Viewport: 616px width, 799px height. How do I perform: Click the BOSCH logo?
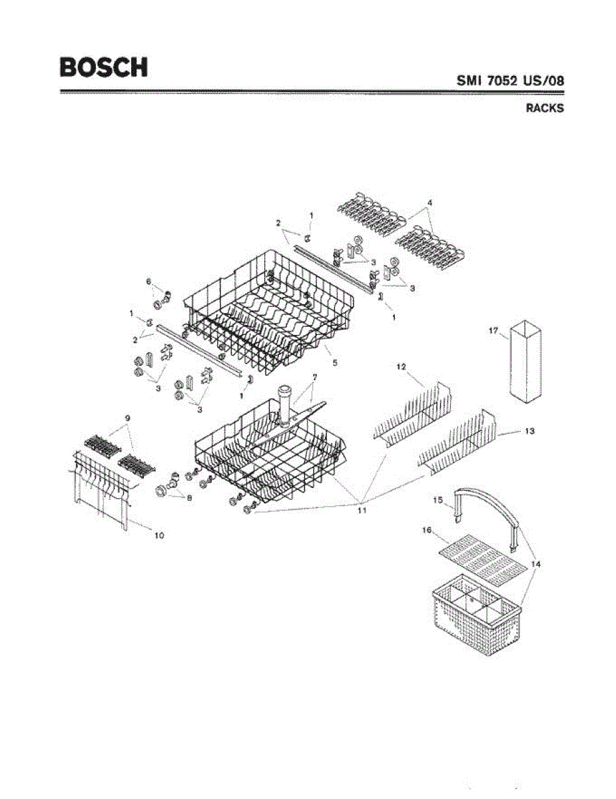pos(104,67)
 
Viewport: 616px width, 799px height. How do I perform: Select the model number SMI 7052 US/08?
pos(510,81)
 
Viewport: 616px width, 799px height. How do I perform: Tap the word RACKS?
pos(544,109)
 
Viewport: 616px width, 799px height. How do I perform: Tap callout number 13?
pos(529,431)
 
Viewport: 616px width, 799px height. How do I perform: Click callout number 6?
pos(149,282)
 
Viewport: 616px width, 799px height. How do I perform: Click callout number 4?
pos(430,201)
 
